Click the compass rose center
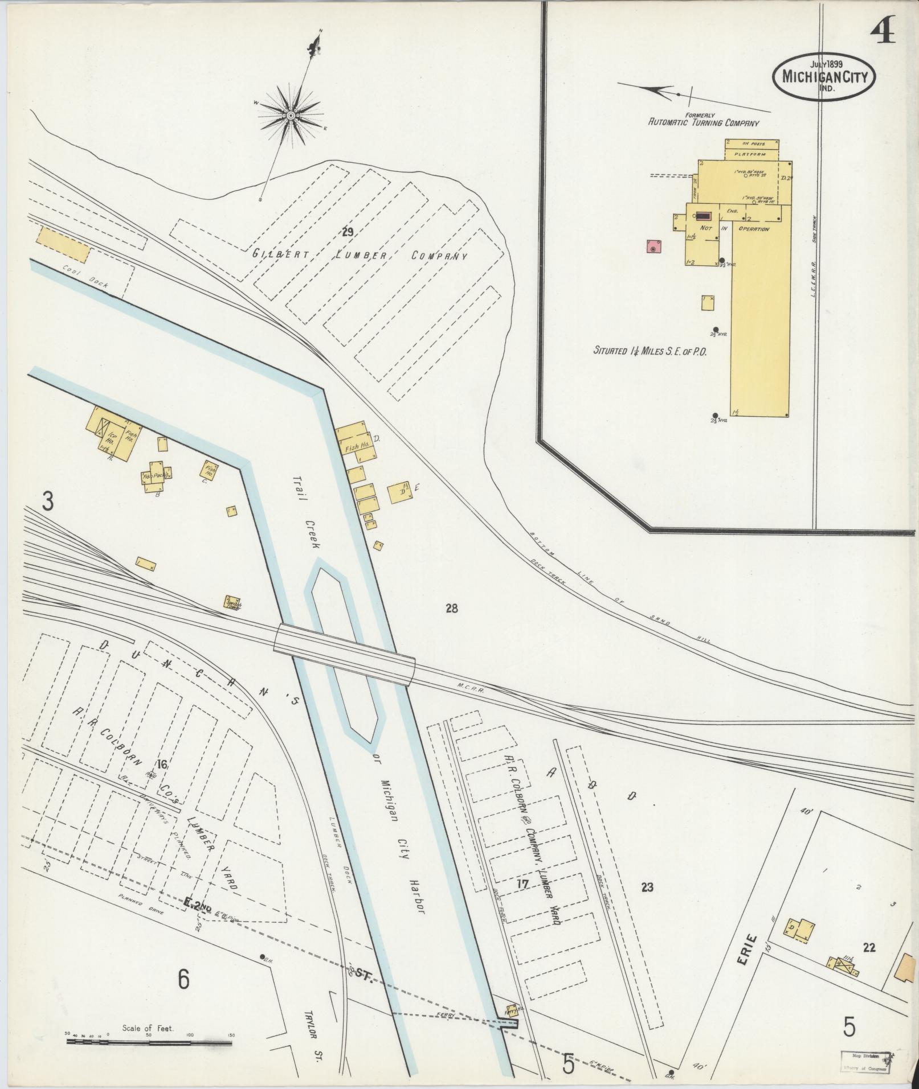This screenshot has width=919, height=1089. [x=291, y=116]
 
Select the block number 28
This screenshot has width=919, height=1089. [x=451, y=609]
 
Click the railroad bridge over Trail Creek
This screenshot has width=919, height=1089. [x=345, y=655]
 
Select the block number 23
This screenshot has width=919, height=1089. [x=647, y=886]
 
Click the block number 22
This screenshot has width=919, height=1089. [x=869, y=947]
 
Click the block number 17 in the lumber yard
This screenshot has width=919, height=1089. [x=522, y=884]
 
